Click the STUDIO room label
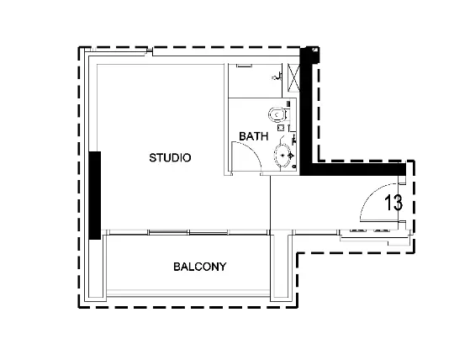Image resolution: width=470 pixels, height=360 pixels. coord(171,158)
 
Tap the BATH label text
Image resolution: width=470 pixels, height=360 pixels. coord(253,135)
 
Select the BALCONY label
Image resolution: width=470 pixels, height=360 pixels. coord(199,267)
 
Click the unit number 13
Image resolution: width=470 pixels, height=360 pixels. coord(393,203)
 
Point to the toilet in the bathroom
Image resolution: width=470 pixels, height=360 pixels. coord(274,114)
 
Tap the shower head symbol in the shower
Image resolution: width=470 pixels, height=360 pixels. coord(277,77)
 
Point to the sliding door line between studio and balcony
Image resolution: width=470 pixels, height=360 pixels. coord(185,231)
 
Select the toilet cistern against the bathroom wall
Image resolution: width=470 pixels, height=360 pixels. coord(286,113)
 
